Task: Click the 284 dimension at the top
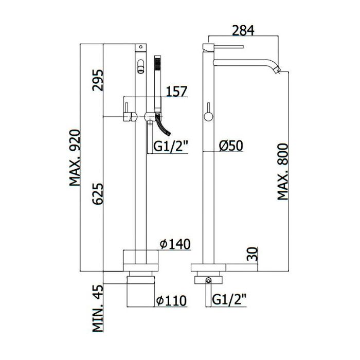[x=243, y=30]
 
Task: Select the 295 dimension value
[x=98, y=80]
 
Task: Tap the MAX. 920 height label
[x=75, y=158]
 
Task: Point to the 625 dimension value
[x=98, y=193]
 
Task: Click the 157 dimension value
[x=176, y=92]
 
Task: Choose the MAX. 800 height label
[x=282, y=172]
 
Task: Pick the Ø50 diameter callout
[x=231, y=146]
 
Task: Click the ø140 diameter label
[x=175, y=244]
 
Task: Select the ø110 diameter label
[x=171, y=300]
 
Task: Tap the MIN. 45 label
[x=98, y=309]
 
